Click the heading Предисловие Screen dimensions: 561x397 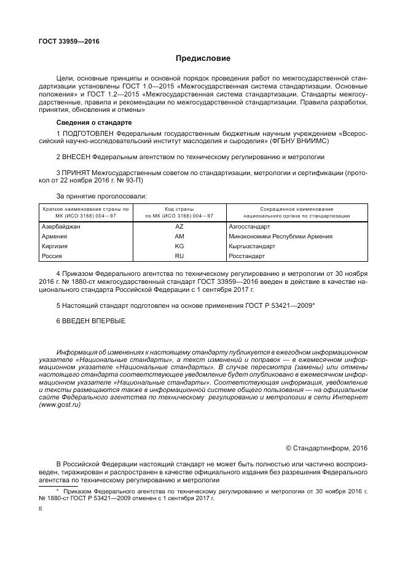tap(203, 59)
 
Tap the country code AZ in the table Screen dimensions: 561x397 tap(179, 227)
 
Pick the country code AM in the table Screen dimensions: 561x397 tap(179, 236)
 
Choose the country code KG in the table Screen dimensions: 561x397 tap(179, 246)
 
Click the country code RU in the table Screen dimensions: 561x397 tap(179, 256)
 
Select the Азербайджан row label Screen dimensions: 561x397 tap(61, 227)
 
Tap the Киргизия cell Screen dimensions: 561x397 tap(55, 246)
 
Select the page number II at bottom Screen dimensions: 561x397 tap(41, 509)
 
